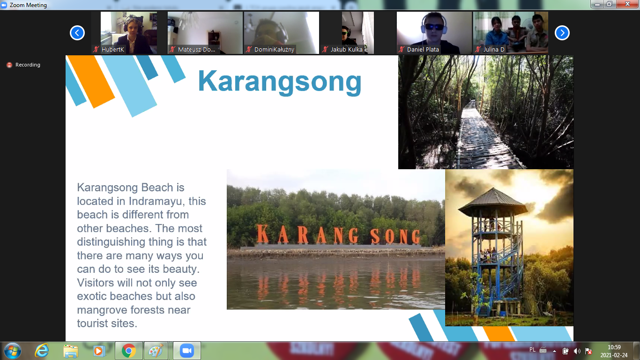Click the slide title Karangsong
point(280,82)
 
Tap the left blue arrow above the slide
point(77,33)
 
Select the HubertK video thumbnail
point(129,33)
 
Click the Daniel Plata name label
point(423,50)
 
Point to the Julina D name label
point(494,50)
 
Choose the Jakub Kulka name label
point(347,50)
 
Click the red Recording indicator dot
point(9,65)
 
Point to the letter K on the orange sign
point(262,234)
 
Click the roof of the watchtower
point(493,202)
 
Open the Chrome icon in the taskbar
point(128,351)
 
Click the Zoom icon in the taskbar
point(187,351)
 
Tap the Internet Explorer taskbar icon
point(42,351)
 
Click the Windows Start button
point(13,351)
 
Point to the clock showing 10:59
point(614,347)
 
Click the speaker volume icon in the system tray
point(577,351)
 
